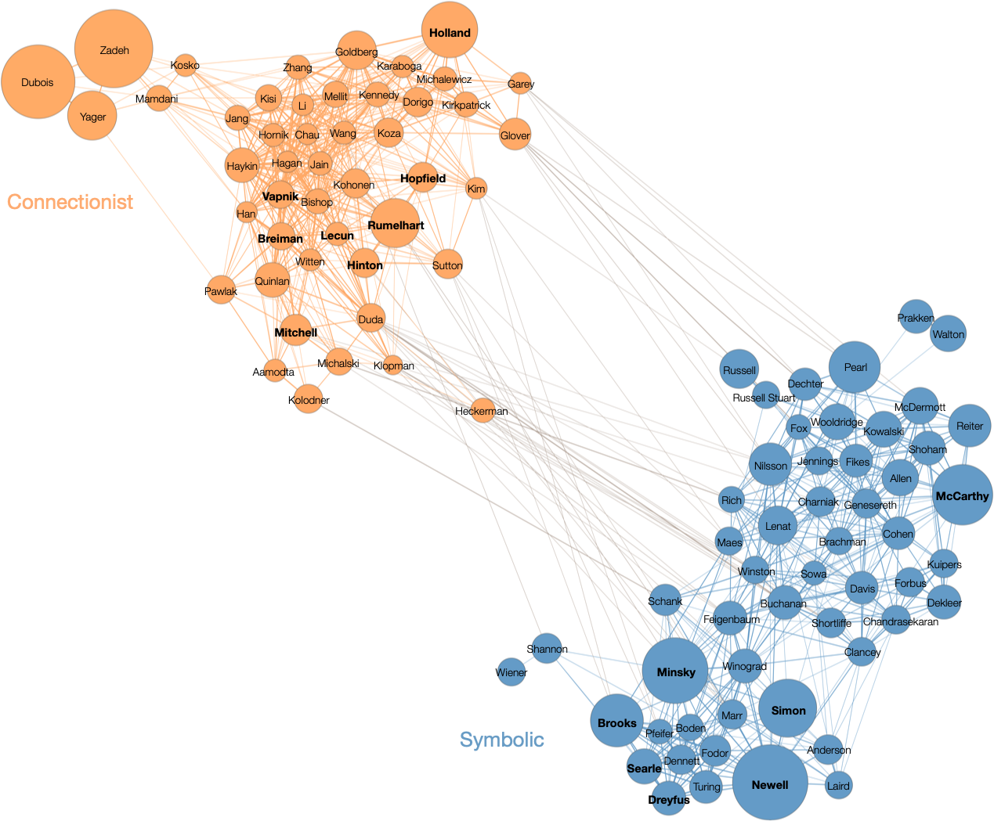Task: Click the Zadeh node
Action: [114, 49]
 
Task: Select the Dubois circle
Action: [38, 82]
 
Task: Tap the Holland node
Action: [450, 30]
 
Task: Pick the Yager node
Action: [92, 116]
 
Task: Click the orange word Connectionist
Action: [70, 202]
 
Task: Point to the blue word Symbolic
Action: [502, 740]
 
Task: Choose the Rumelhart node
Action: [395, 223]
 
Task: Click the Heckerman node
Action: [483, 410]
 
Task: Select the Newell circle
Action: [770, 783]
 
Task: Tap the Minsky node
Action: [675, 671]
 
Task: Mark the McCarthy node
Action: [963, 495]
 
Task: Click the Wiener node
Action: [511, 672]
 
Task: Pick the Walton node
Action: [948, 333]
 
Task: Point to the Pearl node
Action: [855, 367]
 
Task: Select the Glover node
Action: [515, 134]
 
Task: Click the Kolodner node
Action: [309, 398]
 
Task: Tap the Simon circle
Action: [788, 708]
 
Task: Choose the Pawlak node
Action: [221, 290]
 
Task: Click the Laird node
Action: [838, 785]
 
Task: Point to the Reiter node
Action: [970, 426]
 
